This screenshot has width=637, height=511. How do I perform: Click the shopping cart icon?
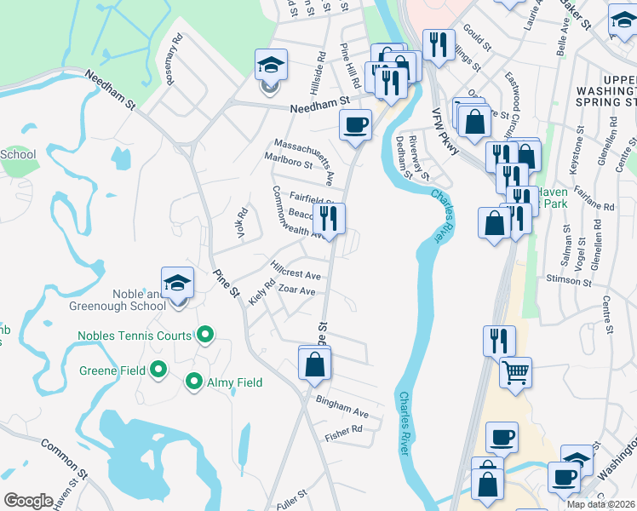[x=515, y=371]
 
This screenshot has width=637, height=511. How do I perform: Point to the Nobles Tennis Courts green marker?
[x=204, y=336]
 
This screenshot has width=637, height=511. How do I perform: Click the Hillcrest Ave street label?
[x=296, y=276]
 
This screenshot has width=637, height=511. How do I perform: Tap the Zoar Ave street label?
[x=297, y=291]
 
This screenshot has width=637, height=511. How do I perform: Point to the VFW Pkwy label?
[x=444, y=129]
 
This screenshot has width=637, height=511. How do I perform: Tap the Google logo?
[x=28, y=501]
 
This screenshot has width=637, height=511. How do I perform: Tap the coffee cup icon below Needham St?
[x=355, y=124]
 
